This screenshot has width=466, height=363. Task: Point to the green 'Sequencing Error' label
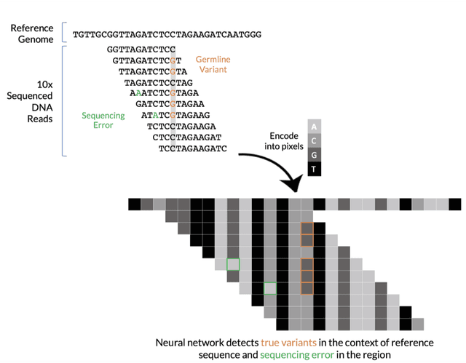click(103, 120)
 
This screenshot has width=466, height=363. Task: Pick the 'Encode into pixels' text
click(278, 141)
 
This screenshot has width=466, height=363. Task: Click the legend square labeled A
click(313, 126)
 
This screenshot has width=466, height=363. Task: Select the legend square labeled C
click(313, 140)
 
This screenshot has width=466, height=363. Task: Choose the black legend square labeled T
click(313, 168)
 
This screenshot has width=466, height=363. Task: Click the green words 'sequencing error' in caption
click(297, 355)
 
